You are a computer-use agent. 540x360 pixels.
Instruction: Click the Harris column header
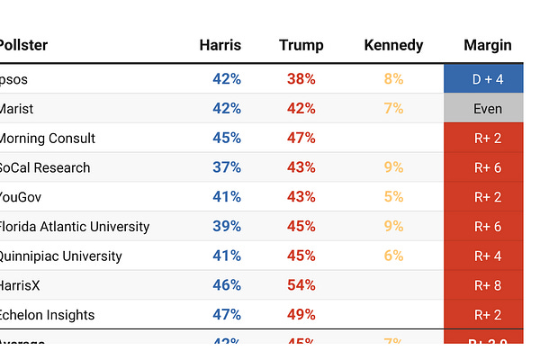click(x=220, y=45)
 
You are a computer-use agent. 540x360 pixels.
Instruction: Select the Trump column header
click(x=301, y=45)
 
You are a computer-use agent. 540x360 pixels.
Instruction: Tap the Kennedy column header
click(x=393, y=45)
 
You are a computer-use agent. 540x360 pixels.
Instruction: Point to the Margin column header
click(x=488, y=45)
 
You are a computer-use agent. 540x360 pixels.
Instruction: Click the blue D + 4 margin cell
click(x=488, y=79)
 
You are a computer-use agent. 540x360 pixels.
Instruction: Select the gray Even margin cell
click(x=488, y=109)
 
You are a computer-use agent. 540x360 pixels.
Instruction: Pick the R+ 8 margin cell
click(x=488, y=285)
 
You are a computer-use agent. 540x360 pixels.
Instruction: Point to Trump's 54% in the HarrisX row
click(x=301, y=285)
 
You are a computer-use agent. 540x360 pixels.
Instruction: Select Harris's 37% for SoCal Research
click(x=227, y=167)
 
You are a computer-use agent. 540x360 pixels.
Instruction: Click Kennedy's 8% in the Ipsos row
click(x=393, y=79)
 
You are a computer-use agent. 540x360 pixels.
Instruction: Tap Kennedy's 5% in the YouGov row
click(x=393, y=197)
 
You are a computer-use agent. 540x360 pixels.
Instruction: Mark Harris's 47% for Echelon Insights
click(x=227, y=315)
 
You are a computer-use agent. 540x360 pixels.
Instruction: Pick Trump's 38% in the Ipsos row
click(x=301, y=79)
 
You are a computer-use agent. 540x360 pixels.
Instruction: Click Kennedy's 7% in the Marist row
click(x=393, y=109)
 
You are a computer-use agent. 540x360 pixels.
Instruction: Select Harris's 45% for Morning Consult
click(x=227, y=139)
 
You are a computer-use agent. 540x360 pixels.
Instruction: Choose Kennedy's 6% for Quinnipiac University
click(x=393, y=256)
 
